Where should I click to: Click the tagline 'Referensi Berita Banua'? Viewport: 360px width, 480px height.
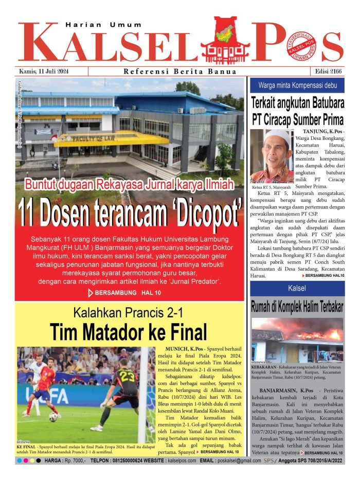pyautogui.click(x=180, y=72)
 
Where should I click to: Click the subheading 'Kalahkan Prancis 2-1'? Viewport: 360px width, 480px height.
pyautogui.click(x=129, y=311)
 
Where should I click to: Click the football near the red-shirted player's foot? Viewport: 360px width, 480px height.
pyautogui.click(x=53, y=417)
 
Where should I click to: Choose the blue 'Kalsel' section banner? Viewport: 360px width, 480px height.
pyautogui.click(x=297, y=288)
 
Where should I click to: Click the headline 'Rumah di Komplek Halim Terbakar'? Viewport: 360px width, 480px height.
pyautogui.click(x=297, y=307)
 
